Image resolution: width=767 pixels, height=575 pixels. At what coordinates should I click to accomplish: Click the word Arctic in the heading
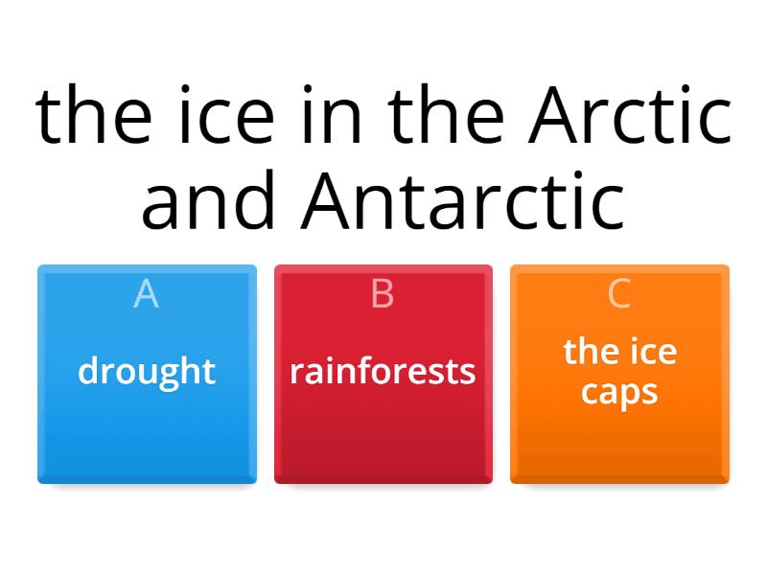click(630, 114)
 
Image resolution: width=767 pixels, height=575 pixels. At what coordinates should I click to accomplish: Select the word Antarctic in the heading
click(463, 200)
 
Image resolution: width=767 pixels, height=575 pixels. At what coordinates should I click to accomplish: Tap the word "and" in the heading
click(208, 200)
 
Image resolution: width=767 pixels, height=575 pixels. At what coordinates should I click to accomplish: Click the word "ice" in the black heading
click(227, 114)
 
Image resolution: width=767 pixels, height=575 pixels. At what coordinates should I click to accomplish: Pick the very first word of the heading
click(93, 114)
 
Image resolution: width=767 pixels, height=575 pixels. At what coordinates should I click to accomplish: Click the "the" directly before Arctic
click(446, 114)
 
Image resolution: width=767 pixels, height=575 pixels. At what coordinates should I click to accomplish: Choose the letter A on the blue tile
click(147, 294)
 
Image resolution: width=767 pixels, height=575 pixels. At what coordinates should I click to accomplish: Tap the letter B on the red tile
click(383, 294)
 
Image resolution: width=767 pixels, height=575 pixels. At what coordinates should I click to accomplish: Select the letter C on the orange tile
click(618, 294)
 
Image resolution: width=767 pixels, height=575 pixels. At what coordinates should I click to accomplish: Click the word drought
click(147, 372)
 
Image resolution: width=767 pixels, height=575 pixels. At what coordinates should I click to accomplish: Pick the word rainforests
click(383, 372)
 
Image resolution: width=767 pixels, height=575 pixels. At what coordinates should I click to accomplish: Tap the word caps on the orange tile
click(619, 393)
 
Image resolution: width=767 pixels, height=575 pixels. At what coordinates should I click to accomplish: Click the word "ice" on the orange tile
click(654, 352)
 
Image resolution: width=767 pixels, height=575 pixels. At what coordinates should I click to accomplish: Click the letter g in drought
click(167, 378)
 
